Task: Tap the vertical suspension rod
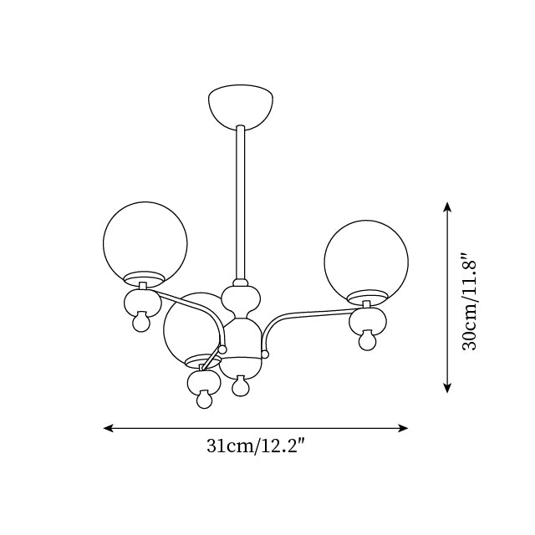[240, 202]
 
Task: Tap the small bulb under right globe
[368, 339]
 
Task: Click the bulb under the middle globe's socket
[205, 399]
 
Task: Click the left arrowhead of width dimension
[108, 428]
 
